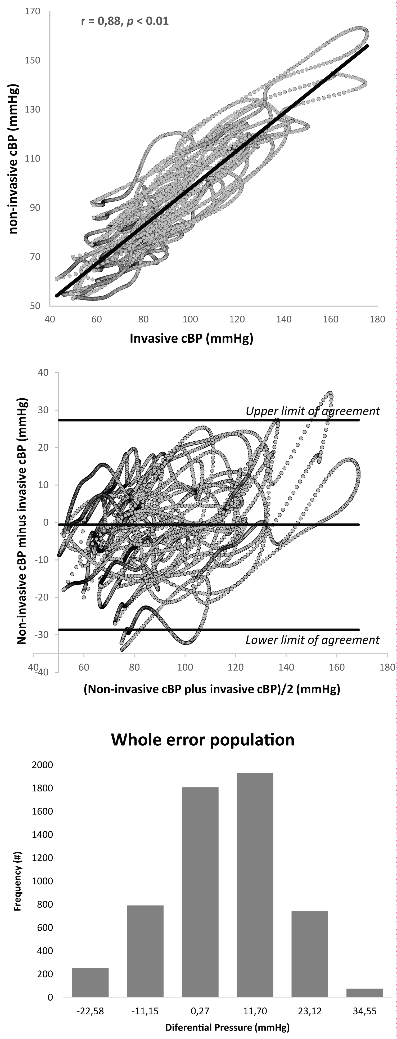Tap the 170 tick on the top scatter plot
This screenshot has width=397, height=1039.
(33, 11)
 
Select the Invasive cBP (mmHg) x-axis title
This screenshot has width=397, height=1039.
(191, 338)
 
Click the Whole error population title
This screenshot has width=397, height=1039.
(203, 739)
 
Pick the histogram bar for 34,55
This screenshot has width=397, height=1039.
(364, 993)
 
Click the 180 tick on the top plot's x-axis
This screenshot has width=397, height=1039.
(377, 319)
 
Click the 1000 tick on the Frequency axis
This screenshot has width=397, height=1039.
(42, 881)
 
